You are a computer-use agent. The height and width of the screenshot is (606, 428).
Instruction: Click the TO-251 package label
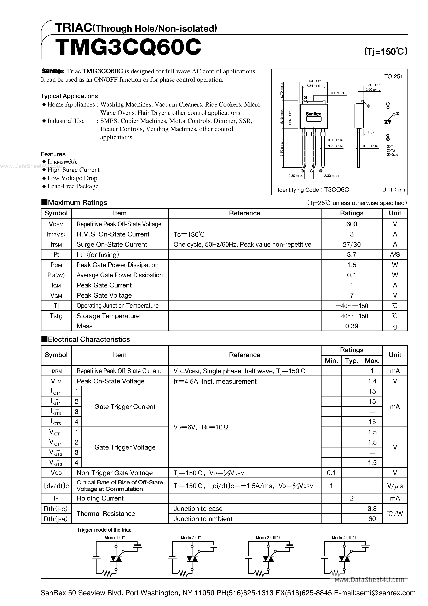[393, 76]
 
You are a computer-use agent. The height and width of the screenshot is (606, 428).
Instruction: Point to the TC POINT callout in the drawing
[338, 93]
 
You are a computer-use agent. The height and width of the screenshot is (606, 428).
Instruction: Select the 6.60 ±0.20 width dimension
[313, 81]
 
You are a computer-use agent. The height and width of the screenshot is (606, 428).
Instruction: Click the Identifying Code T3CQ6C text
[313, 190]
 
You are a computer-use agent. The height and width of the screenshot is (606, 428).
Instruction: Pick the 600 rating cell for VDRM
[352, 224]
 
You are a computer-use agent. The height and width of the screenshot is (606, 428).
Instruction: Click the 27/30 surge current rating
[352, 244]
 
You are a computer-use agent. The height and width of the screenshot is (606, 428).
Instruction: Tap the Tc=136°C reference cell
[189, 234]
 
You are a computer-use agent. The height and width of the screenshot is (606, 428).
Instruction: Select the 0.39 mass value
[352, 326]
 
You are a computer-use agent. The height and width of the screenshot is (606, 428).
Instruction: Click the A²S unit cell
[395, 255]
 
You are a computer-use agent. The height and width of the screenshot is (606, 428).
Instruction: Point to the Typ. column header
[352, 361]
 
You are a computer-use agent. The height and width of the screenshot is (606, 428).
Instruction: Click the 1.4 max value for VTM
[372, 381]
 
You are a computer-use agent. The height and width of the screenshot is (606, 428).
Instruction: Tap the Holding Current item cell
[100, 498]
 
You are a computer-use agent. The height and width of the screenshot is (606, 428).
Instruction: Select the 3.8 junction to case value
[372, 509]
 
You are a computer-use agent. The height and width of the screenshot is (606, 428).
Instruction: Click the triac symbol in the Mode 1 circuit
[116, 559]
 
